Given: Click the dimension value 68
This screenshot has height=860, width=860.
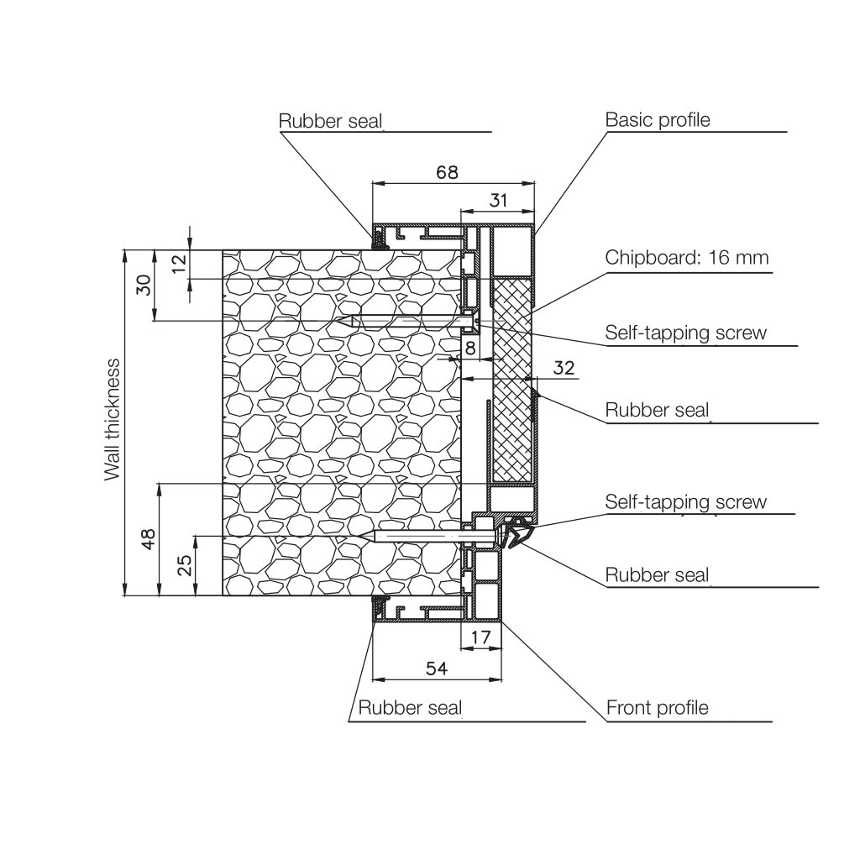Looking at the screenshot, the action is click(x=447, y=172).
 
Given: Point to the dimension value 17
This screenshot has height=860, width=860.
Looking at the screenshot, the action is click(x=480, y=637).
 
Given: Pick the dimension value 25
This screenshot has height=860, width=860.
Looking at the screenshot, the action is click(x=185, y=565).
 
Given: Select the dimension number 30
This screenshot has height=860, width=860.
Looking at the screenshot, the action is click(x=144, y=285).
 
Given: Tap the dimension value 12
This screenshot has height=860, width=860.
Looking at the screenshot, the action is click(x=178, y=264).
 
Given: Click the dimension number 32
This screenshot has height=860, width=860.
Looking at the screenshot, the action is click(x=564, y=367).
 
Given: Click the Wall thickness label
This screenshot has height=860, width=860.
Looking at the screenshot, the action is click(x=113, y=420).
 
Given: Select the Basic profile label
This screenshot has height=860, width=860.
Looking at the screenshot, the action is click(x=658, y=120).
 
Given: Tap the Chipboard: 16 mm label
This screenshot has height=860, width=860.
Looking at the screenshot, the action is click(x=687, y=257).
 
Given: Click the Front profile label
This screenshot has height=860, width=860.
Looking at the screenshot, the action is click(x=658, y=708).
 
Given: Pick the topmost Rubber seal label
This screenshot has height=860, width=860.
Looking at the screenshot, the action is click(x=330, y=121).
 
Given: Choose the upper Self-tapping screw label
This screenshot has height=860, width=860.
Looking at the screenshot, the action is click(x=686, y=333).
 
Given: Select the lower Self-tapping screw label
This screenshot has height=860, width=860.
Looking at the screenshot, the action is click(x=686, y=502).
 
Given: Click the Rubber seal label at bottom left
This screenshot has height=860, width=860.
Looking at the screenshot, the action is click(x=410, y=708).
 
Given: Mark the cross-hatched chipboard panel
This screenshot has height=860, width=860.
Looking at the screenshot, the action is click(x=511, y=386).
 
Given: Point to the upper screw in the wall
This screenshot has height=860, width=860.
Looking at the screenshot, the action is click(x=403, y=321).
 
